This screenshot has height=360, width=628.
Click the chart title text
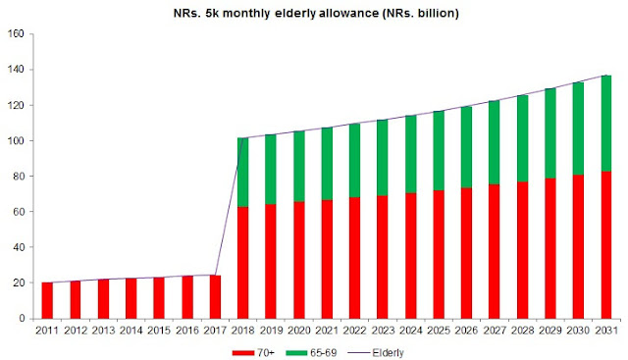(x=316, y=13)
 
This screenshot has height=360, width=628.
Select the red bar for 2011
(x=47, y=300)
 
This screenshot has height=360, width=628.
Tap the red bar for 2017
(x=215, y=296)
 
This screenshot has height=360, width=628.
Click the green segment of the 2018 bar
(x=242, y=173)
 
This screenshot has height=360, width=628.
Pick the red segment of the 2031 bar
(x=606, y=245)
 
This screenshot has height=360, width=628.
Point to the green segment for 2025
(x=439, y=150)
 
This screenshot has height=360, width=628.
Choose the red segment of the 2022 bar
(x=354, y=258)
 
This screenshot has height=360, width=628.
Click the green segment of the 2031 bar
(x=606, y=124)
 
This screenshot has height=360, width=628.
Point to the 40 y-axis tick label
(x=19, y=247)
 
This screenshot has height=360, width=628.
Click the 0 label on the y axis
(x=22, y=319)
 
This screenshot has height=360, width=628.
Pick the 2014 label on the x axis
(x=131, y=331)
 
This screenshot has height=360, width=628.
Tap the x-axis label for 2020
(x=298, y=331)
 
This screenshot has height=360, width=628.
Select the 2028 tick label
(x=522, y=331)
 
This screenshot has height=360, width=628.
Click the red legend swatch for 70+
(x=243, y=353)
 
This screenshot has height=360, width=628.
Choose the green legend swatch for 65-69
(x=296, y=353)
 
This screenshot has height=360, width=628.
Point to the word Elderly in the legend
(x=388, y=353)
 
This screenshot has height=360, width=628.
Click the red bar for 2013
(x=103, y=299)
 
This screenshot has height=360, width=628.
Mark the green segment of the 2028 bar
(x=522, y=138)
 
